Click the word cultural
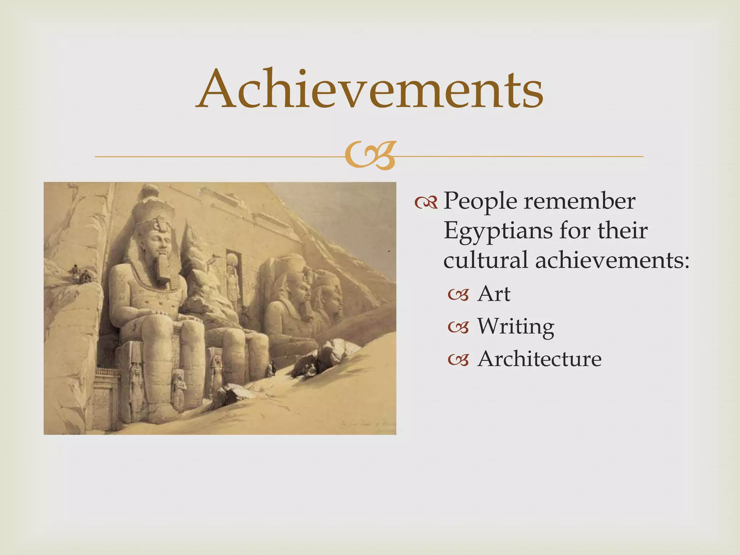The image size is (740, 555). click(485, 260)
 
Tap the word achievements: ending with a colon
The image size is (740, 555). click(612, 260)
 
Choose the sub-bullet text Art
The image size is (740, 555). click(494, 294)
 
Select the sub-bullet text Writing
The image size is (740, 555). click(516, 326)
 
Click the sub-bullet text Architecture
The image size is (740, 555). click(539, 359)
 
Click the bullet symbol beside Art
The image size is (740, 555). click(459, 295)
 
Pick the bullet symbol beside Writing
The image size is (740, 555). click(459, 328)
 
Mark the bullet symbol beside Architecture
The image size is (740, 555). click(459, 360)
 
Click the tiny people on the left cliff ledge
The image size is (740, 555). click(81, 275)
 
